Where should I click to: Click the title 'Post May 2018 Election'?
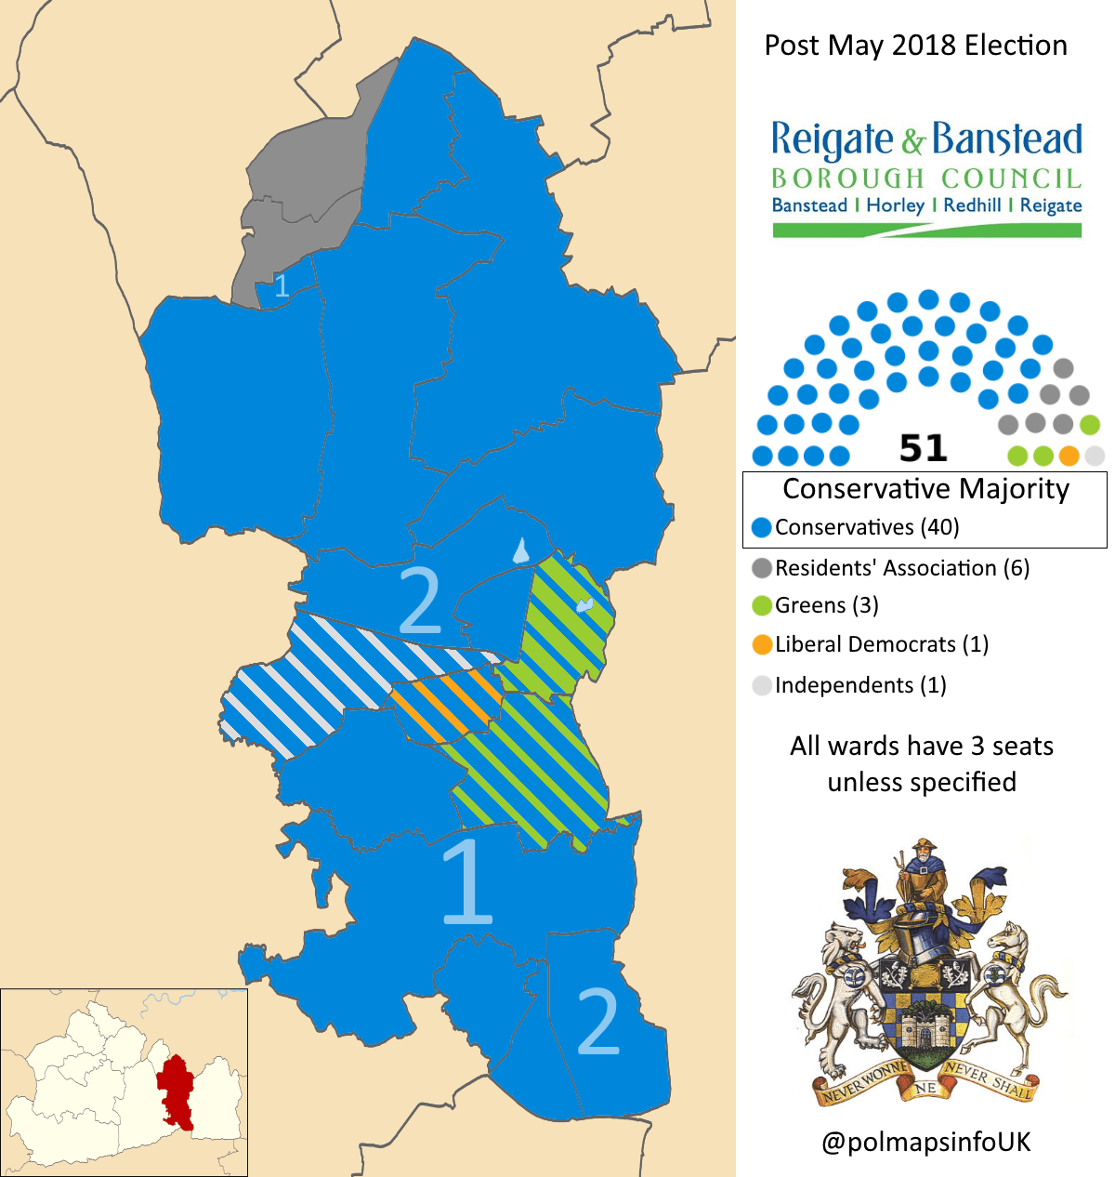915,46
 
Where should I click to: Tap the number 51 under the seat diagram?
923,448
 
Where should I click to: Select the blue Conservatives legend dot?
762,528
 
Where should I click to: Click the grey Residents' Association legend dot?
762,568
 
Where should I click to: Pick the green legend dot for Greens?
762,606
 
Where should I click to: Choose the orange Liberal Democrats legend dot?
762,644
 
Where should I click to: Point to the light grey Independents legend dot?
762,686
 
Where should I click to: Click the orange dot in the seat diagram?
1069,456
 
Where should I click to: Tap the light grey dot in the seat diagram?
1095,456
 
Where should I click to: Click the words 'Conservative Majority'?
925,489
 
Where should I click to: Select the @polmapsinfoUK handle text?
925,1142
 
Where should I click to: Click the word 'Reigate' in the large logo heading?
832,139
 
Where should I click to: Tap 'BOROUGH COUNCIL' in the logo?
925,178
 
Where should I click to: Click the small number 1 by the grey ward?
282,284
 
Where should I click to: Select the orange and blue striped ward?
447,706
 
